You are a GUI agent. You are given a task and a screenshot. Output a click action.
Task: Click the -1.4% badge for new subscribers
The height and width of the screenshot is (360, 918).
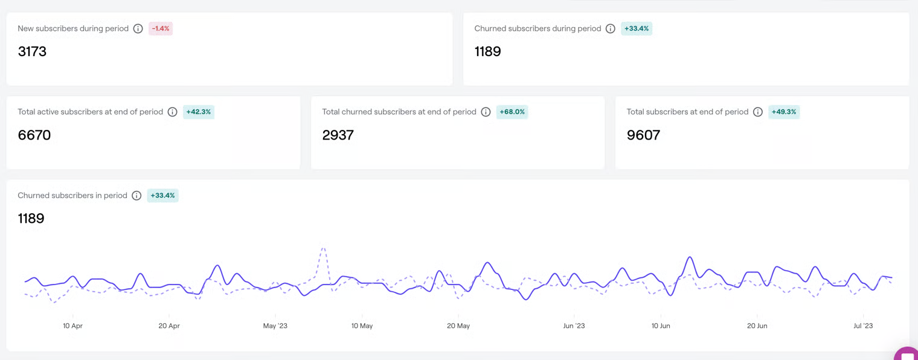(161, 28)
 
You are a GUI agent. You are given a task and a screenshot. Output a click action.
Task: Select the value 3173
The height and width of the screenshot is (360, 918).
(32, 52)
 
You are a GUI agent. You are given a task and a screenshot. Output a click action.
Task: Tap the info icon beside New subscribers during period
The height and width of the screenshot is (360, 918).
(138, 28)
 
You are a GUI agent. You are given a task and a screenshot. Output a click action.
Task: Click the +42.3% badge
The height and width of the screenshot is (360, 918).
(198, 112)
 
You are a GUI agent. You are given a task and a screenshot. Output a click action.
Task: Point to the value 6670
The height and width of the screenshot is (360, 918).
(34, 135)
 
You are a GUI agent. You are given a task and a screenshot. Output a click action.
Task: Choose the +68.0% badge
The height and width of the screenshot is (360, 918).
(512, 112)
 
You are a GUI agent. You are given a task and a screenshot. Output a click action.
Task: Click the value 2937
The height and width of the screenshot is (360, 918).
(338, 135)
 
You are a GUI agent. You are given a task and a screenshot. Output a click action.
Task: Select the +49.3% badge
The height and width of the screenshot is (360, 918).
(784, 112)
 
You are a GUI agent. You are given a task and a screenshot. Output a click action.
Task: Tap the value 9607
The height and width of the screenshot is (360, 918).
(643, 135)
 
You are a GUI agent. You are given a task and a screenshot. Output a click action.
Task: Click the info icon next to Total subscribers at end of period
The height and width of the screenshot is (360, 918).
(758, 112)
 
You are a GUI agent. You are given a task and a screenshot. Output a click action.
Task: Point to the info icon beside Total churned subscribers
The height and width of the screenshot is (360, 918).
(486, 112)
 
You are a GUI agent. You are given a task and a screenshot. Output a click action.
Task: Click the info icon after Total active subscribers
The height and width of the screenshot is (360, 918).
(172, 112)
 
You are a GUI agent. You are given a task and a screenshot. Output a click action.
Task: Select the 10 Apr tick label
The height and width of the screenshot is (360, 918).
(72, 326)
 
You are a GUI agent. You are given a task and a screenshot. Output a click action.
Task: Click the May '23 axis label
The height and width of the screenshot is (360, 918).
(275, 326)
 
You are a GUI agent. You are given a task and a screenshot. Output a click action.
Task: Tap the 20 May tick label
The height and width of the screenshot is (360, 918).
(458, 326)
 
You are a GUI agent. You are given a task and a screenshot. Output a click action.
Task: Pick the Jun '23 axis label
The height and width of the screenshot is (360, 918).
(574, 326)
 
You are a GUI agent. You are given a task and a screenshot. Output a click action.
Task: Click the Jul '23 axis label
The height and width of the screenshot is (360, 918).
(863, 326)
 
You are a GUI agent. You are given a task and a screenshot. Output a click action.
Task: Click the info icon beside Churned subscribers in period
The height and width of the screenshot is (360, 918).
(136, 195)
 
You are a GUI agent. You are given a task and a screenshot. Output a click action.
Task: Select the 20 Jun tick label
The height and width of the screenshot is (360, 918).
(757, 326)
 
